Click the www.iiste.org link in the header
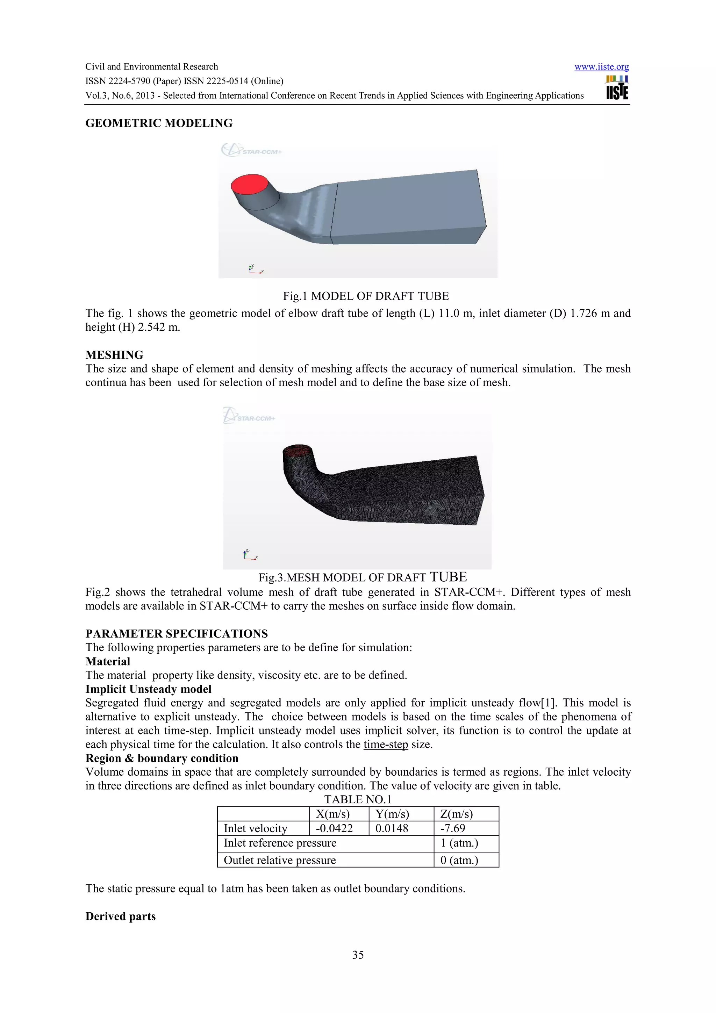point(601,67)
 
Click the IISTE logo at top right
point(617,88)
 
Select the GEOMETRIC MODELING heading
point(159,123)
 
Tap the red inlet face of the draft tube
point(250,184)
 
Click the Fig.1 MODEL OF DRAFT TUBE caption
point(366,296)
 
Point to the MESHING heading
point(114,355)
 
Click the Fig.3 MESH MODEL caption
point(362,577)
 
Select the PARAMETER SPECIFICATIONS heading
point(177,634)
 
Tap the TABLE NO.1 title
point(358,799)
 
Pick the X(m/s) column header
point(332,814)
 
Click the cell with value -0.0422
point(334,828)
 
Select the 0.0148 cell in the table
point(392,828)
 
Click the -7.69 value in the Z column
point(453,828)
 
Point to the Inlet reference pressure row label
point(280,843)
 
